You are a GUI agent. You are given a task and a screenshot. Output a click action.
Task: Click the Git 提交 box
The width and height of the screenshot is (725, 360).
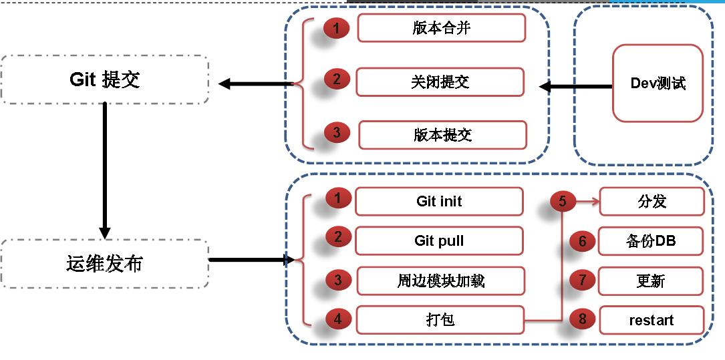105,79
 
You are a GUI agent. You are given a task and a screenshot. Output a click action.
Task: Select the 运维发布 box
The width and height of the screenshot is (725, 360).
105,263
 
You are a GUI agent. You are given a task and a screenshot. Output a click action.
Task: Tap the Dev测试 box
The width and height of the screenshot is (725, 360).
658,83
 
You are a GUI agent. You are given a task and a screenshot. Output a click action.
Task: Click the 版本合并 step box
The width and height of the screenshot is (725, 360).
442,28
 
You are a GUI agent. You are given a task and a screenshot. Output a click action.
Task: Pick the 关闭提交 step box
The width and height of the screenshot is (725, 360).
440,81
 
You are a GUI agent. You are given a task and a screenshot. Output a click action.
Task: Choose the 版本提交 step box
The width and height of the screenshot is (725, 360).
442,134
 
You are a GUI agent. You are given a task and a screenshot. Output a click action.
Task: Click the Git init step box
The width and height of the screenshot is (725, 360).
439,201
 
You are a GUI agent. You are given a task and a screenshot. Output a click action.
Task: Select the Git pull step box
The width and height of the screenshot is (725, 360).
439,240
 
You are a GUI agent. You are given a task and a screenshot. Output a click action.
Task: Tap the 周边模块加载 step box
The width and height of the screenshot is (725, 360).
440,281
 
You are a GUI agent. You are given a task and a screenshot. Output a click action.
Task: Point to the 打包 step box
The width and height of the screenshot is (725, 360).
440,319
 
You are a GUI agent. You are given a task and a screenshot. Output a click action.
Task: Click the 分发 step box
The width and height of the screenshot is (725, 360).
651,201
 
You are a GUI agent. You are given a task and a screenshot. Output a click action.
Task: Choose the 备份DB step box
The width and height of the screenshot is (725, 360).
651,240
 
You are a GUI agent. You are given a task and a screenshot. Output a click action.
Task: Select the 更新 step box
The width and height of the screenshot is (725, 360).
651,281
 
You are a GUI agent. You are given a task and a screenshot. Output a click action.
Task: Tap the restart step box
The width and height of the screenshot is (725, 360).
651,320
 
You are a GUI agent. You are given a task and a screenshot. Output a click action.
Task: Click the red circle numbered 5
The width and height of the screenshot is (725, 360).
563,200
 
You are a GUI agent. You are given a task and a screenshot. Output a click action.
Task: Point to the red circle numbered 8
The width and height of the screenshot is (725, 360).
583,319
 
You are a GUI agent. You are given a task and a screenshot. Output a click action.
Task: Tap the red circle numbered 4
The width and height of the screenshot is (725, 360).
338,319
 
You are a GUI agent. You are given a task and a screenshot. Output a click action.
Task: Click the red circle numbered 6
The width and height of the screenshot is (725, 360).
583,240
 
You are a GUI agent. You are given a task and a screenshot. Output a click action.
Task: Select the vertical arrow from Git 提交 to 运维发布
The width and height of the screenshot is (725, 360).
105,170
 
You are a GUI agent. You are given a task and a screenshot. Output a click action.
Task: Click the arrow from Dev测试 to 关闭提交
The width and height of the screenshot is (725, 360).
575,86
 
